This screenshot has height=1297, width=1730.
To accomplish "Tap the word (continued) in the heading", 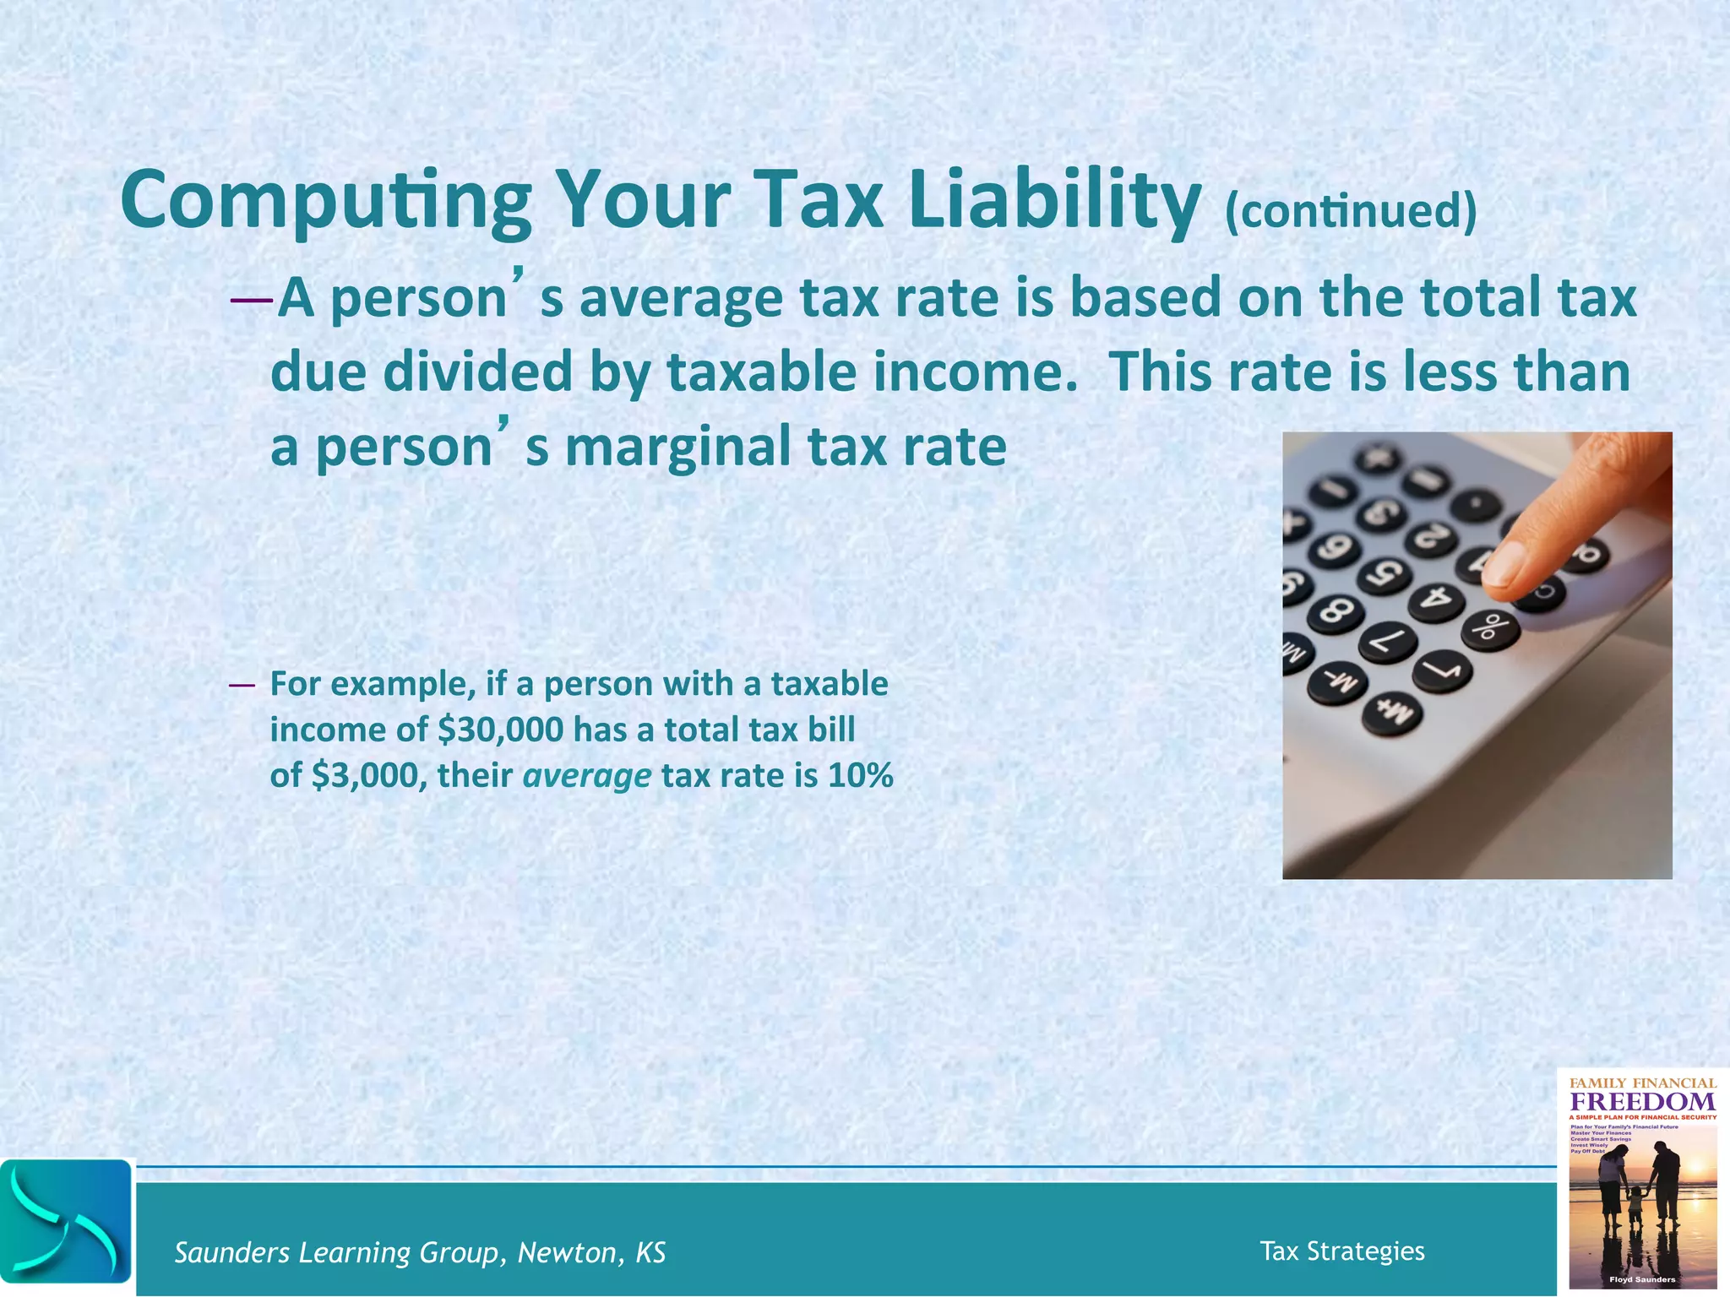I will [x=1351, y=212].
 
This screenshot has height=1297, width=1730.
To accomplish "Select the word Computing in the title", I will [x=326, y=201].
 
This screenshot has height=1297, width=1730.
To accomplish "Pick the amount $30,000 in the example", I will [x=500, y=730].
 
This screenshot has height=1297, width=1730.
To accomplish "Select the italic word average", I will [x=587, y=775].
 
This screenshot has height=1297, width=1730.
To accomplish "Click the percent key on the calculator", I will [x=1490, y=627].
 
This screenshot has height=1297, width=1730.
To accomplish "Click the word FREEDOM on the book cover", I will [x=1642, y=1102].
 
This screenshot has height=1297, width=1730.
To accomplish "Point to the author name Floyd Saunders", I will [x=1642, y=1279].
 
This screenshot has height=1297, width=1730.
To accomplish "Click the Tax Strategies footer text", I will [x=1341, y=1251].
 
